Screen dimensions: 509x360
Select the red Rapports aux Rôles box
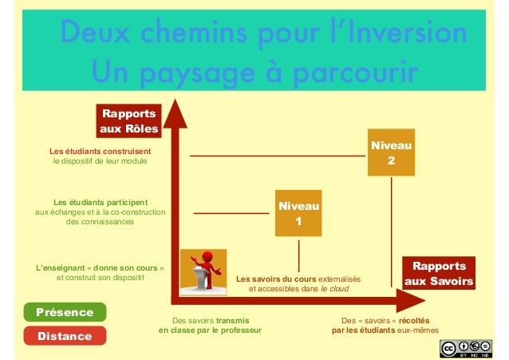127,121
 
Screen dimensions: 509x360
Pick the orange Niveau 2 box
391,152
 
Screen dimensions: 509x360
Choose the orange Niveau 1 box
298,213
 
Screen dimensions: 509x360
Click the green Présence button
65,312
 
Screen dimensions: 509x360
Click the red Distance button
65,336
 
